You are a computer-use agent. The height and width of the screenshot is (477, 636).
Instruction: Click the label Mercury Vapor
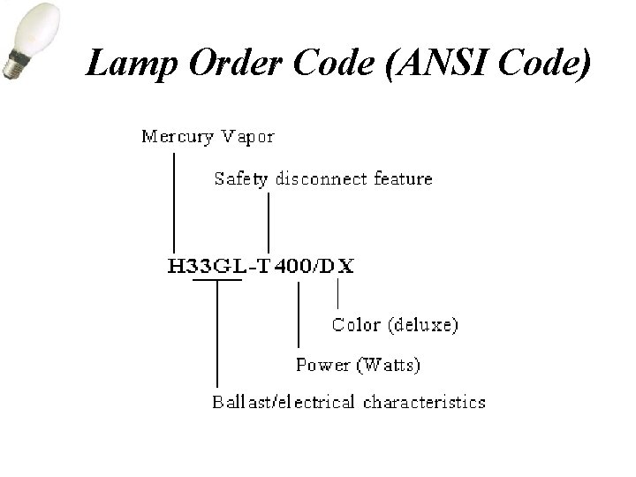tap(208, 137)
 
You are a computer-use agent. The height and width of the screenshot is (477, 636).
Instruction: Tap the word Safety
tap(241, 179)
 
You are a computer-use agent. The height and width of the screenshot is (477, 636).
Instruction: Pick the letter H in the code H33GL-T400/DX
tap(177, 268)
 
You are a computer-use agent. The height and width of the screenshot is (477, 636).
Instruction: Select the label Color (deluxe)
tap(395, 325)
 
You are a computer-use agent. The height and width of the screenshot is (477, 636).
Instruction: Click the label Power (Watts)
tap(358, 364)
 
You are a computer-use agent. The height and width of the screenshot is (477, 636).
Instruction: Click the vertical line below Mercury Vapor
tap(174, 203)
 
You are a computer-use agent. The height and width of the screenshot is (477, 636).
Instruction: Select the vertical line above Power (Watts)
tap(299, 314)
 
